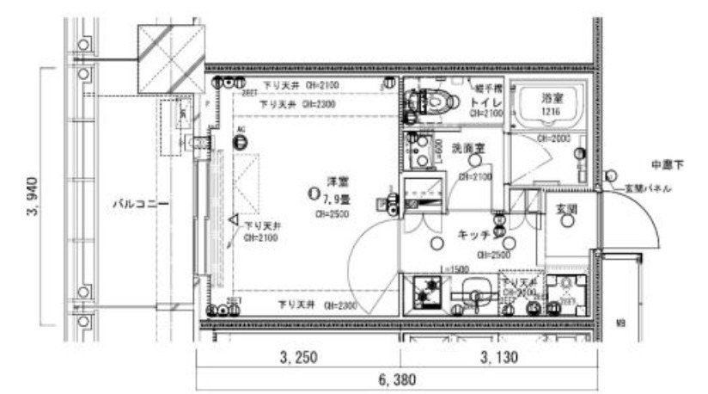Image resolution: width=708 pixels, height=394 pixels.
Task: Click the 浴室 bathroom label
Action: pyautogui.click(x=550, y=99)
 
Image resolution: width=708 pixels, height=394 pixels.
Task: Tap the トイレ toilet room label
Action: pyautogui.click(x=479, y=101)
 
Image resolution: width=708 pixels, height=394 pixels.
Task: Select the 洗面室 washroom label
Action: pyautogui.click(x=469, y=149)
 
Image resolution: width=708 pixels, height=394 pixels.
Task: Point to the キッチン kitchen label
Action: pyautogui.click(x=474, y=233)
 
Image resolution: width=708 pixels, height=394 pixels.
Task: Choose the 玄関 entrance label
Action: pyautogui.click(x=565, y=208)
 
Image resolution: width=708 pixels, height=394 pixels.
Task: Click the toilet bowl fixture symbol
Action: pyautogui.click(x=436, y=102)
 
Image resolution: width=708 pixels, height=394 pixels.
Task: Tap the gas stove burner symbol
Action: pyautogui.click(x=424, y=292)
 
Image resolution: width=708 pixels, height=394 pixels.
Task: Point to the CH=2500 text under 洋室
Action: pyautogui.click(x=331, y=214)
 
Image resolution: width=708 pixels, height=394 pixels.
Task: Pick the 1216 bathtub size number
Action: pyautogui.click(x=550, y=112)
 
